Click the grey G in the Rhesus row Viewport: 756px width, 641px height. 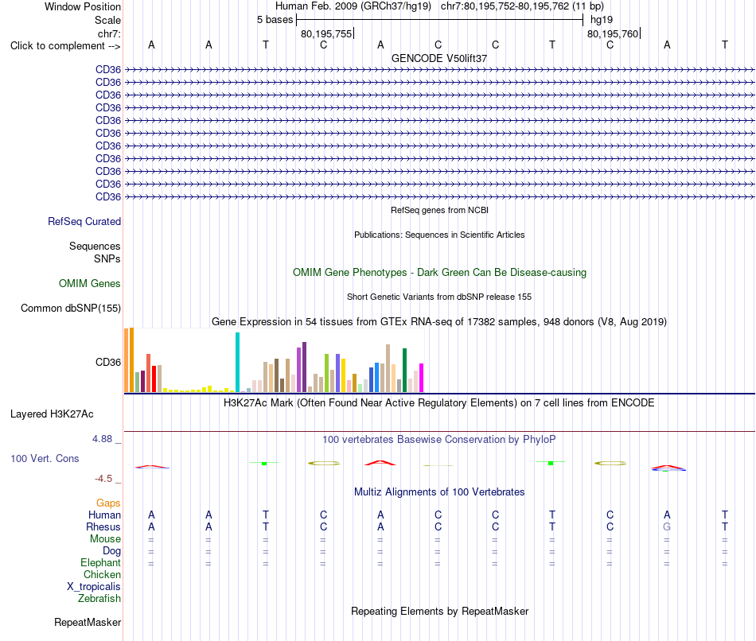[x=667, y=526]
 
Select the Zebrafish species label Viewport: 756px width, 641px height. [x=99, y=599]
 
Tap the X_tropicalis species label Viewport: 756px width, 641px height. [x=94, y=587]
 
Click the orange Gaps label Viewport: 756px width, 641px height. [x=108, y=503]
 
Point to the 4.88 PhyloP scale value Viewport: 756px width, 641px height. [x=102, y=439]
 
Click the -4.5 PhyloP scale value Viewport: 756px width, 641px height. [x=103, y=479]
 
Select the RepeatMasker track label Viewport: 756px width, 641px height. [x=88, y=622]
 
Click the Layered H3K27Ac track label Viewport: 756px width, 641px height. [x=52, y=414]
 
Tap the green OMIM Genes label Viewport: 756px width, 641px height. [x=90, y=283]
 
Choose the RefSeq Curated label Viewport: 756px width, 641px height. [x=84, y=221]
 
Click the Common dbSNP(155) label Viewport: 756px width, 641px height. [x=71, y=308]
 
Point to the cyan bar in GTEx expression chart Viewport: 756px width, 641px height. [x=237, y=363]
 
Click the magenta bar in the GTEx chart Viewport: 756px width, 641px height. [x=422, y=378]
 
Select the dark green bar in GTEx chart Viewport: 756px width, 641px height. [x=404, y=370]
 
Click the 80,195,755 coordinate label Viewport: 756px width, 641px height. [x=326, y=33]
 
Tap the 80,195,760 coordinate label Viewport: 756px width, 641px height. [x=613, y=33]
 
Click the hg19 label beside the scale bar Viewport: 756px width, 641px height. [x=602, y=20]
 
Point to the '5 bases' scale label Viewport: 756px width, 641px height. [x=275, y=20]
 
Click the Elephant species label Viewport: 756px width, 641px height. [x=101, y=563]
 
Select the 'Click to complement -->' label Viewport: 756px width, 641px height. [x=65, y=46]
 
